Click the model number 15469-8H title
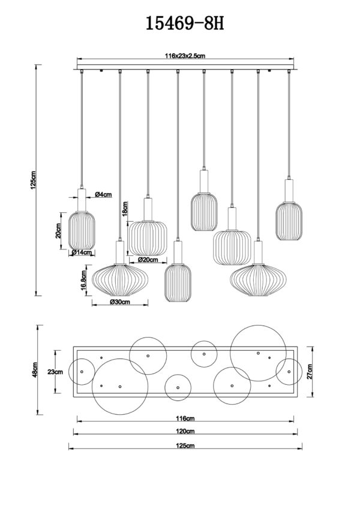click(180, 24)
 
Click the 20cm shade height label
click(59, 230)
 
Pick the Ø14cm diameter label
click(81, 252)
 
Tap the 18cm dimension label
click(125, 209)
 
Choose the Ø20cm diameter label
click(148, 260)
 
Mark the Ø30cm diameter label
click(120, 303)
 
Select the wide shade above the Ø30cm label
click(120, 280)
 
